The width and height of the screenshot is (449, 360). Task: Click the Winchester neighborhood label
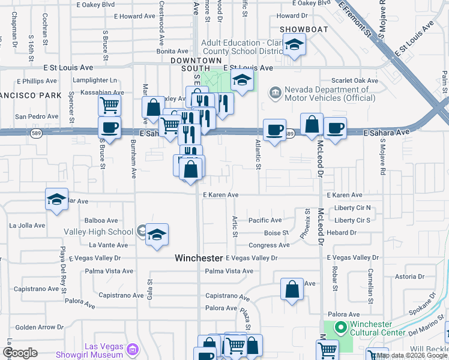pyautogui.click(x=199, y=258)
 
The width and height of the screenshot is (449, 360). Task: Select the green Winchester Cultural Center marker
pyautogui.click(x=340, y=328)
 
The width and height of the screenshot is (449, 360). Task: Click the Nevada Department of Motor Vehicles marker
pyautogui.click(x=276, y=92)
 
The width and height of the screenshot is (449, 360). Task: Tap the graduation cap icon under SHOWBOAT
pyautogui.click(x=294, y=45)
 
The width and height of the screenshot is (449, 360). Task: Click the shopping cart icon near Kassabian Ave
pyautogui.click(x=109, y=106)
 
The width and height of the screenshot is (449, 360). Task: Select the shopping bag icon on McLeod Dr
pyautogui.click(x=312, y=124)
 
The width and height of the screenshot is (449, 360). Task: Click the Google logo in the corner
pyautogui.click(x=20, y=353)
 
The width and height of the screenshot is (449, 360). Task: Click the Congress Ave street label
pyautogui.click(x=269, y=245)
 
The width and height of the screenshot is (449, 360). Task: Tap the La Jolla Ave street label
pyautogui.click(x=27, y=226)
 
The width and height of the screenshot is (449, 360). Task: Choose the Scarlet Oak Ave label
pyautogui.click(x=356, y=80)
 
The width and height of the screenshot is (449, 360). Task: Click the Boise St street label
pyautogui.click(x=277, y=233)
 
